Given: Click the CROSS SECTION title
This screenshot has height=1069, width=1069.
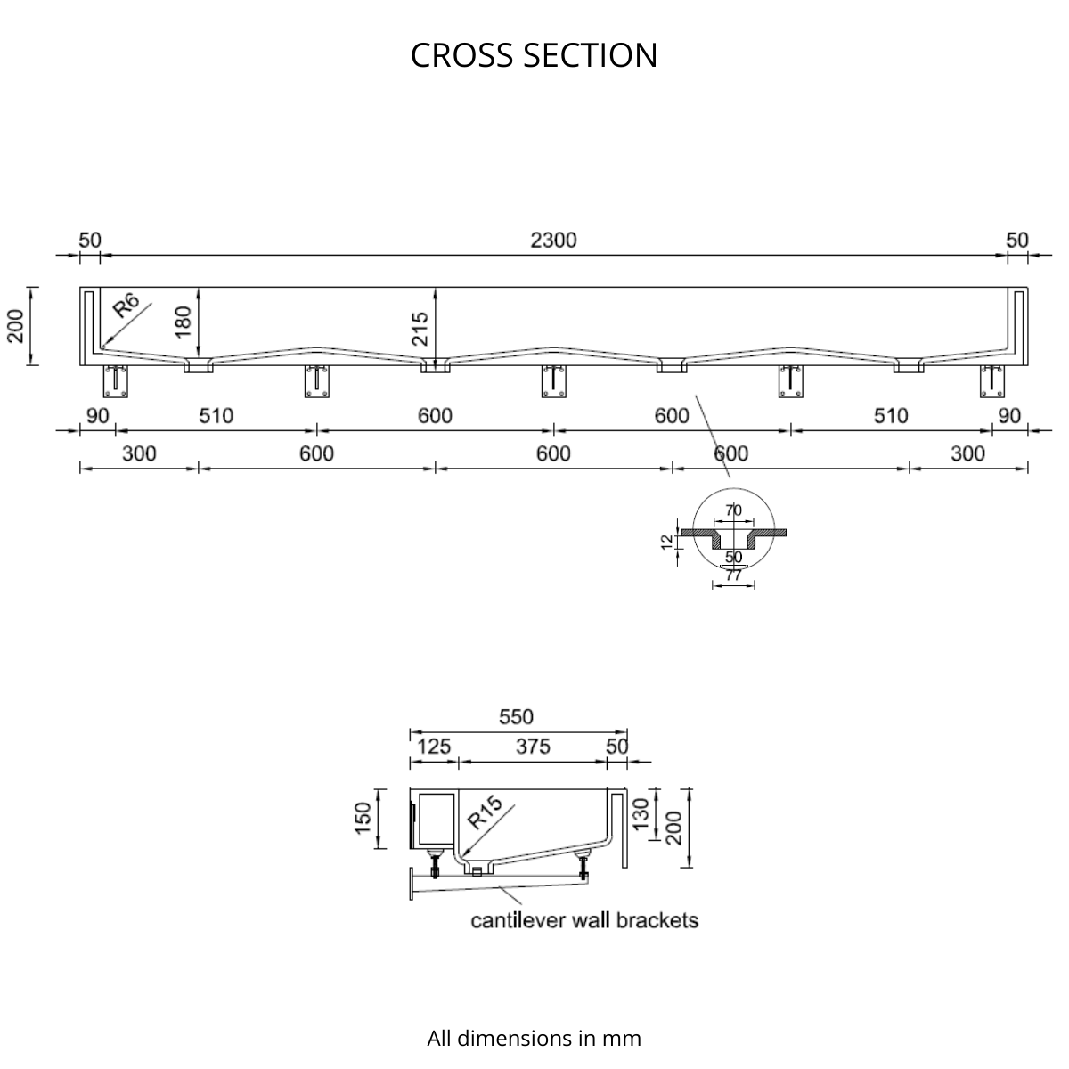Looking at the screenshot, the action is (x=534, y=55).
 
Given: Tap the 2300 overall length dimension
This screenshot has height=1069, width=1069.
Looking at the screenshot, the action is (x=553, y=241).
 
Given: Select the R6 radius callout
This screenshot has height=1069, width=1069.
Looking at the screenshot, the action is (x=126, y=306).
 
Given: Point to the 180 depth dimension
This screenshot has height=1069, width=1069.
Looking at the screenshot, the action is (x=183, y=322).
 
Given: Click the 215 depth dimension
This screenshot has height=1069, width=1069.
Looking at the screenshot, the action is (x=420, y=329).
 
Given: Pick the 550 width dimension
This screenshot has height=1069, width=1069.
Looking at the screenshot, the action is (x=516, y=717).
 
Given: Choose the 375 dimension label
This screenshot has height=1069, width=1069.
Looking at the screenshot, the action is (x=533, y=747).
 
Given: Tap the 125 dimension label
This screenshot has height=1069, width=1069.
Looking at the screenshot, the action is (x=434, y=747).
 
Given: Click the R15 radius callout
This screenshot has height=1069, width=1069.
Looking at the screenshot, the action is (x=485, y=812).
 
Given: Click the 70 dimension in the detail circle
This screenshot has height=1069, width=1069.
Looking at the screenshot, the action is (x=733, y=510).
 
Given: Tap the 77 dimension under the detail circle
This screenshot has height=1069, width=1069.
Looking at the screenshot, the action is (x=733, y=575).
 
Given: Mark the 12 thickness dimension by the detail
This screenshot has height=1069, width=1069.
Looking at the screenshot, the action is (x=667, y=542).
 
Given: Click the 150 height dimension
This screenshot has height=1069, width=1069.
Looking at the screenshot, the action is (x=363, y=819).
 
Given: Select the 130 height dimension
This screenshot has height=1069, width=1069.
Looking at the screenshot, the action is (x=641, y=814).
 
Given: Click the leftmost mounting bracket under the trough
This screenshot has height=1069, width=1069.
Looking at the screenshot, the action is (x=116, y=381).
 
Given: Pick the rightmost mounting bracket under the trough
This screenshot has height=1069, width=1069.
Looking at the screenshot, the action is (x=991, y=381).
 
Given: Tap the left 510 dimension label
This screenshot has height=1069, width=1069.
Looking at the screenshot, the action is (x=216, y=416).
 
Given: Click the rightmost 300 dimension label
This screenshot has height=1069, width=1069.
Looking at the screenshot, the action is (x=968, y=453).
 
